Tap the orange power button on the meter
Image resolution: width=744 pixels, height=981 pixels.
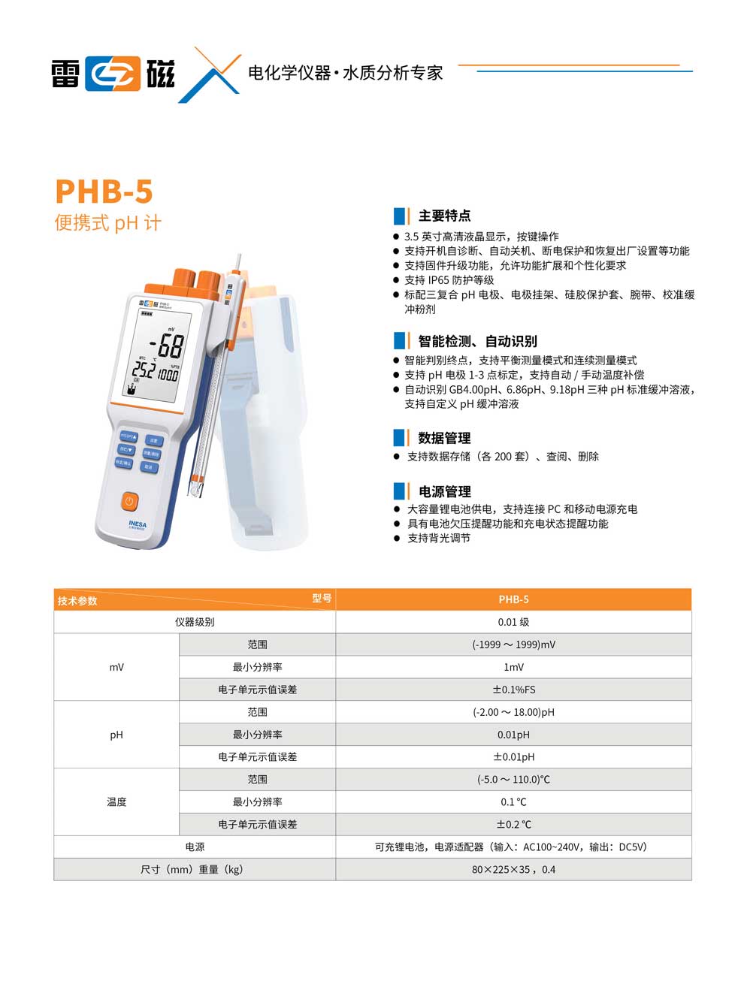click(x=129, y=501)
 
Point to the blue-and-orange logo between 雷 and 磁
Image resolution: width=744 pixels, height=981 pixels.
click(x=113, y=74)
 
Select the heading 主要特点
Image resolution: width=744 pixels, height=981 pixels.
click(x=444, y=216)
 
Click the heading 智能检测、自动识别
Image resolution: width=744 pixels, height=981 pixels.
click(x=477, y=341)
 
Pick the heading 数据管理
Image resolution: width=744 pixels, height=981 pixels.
click(x=444, y=438)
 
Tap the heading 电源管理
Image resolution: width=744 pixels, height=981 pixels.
click(x=444, y=492)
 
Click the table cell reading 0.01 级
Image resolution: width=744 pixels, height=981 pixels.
click(x=513, y=622)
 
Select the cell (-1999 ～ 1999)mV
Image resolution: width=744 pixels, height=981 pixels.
click(x=513, y=644)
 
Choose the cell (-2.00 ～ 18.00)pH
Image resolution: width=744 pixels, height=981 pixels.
click(x=513, y=712)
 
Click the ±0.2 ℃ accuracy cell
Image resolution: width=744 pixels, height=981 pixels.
click(x=513, y=824)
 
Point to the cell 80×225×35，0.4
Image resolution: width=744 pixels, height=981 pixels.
click(x=513, y=869)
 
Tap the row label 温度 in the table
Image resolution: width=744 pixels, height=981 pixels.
click(x=116, y=801)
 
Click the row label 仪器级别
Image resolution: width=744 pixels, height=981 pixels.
click(x=195, y=622)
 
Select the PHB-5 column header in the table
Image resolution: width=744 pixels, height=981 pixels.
click(x=513, y=599)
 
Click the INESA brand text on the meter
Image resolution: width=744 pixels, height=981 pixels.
click(x=138, y=524)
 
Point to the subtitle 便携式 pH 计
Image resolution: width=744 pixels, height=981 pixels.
click(x=107, y=223)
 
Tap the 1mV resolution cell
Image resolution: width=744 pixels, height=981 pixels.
click(x=513, y=667)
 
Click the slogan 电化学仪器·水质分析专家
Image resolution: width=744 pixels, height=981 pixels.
click(x=345, y=73)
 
